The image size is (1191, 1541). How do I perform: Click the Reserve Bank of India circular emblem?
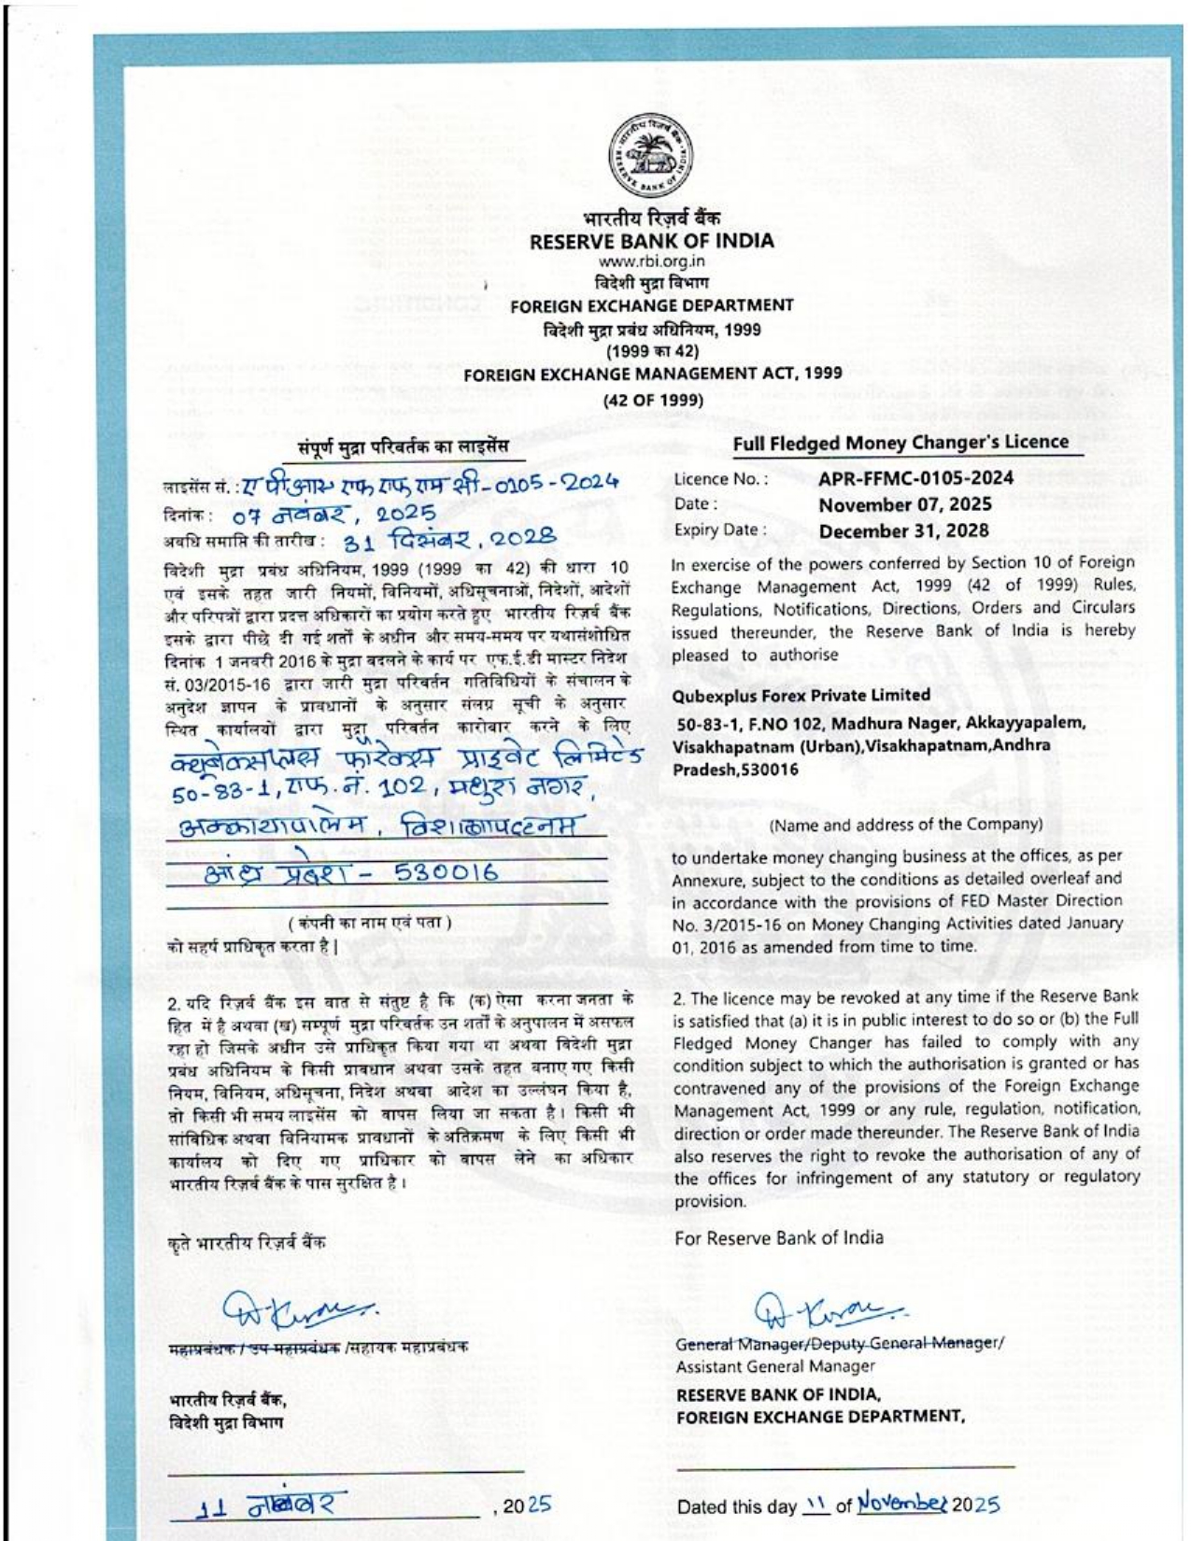652,155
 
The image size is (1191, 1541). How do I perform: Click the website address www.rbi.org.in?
652,262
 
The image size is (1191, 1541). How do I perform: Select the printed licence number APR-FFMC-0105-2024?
916,479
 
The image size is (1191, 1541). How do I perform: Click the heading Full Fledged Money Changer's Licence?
900,443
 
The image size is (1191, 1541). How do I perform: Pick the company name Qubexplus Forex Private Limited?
801,695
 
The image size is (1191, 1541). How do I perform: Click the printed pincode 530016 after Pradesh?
768,770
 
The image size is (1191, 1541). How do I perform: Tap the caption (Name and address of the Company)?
905,824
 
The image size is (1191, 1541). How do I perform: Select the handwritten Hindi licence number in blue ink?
430,483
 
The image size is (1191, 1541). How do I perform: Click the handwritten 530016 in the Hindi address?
447,873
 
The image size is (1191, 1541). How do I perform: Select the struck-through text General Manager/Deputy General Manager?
839,1343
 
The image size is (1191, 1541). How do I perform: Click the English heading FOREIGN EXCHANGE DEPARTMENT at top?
652,305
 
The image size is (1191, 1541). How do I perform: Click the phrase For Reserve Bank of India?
778,1237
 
